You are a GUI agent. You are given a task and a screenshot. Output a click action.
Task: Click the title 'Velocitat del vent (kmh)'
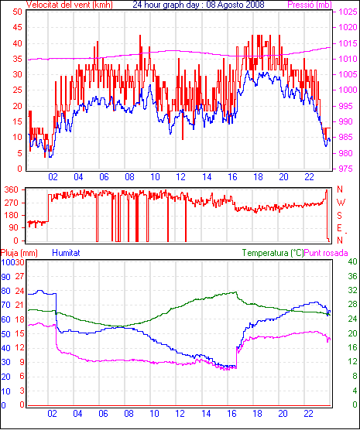[x=70, y=5]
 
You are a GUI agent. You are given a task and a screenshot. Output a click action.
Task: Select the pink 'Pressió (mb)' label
[x=310, y=5]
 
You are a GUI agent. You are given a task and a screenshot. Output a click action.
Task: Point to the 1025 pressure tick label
[x=348, y=12]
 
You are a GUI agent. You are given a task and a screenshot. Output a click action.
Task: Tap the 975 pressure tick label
[x=348, y=169]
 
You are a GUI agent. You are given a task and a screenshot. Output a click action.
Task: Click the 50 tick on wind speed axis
[x=17, y=12]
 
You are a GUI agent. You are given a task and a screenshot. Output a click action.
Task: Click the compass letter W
[x=341, y=203]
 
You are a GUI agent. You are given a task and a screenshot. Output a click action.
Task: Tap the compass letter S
[x=339, y=216]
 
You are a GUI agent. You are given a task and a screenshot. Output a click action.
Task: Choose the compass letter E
[x=339, y=228]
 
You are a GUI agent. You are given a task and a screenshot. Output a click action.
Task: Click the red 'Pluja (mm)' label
[x=19, y=253]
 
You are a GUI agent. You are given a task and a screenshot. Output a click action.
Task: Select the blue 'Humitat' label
[x=66, y=253]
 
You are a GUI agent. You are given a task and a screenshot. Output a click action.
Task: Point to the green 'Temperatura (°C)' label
[x=273, y=253]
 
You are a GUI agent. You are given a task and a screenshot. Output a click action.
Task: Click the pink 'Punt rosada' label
[x=326, y=253]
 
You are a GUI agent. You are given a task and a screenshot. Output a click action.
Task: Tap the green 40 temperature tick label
[x=352, y=261]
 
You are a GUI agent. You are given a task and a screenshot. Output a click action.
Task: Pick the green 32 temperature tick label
[x=352, y=290]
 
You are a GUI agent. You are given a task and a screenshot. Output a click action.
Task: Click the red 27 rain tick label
[x=19, y=276]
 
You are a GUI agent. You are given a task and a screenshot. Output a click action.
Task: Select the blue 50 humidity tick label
[x=5, y=334]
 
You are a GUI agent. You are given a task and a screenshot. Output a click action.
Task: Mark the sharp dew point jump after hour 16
[x=236, y=357]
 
